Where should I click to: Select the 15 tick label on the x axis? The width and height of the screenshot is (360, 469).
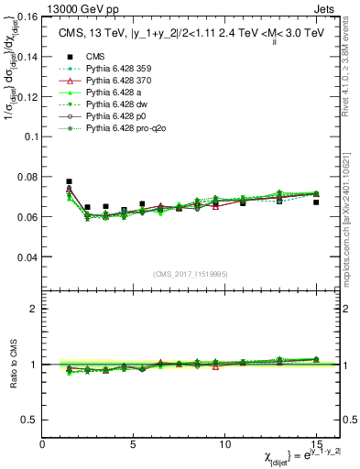(x=316, y=443)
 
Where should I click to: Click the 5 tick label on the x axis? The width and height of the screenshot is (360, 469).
(x=134, y=443)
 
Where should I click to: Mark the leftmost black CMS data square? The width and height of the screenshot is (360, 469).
(x=70, y=182)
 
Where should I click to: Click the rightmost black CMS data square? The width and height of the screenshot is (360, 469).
(x=316, y=202)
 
